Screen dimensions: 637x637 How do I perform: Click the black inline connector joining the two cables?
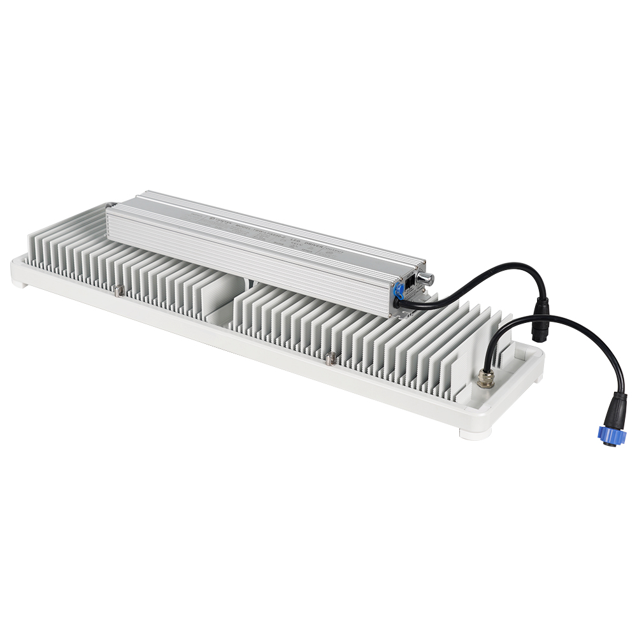(541, 313)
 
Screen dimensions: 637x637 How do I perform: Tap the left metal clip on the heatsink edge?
(119, 291)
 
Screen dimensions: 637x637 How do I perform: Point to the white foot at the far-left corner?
(20, 282)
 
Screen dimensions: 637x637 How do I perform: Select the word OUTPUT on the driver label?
(336, 250)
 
